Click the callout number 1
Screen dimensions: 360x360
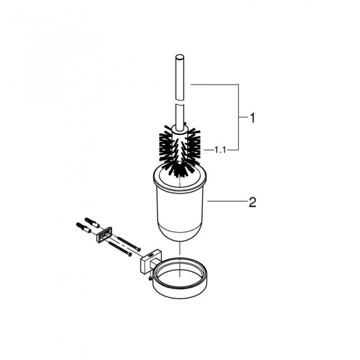click(x=252, y=118)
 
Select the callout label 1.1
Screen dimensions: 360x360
click(x=220, y=150)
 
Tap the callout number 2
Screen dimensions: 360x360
click(x=252, y=202)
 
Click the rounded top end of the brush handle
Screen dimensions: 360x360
click(x=179, y=57)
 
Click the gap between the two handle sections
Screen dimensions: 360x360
click(x=179, y=102)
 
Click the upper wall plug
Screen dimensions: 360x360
click(x=92, y=222)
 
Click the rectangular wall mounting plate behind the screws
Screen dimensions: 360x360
click(x=104, y=234)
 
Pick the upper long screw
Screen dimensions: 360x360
click(x=129, y=243)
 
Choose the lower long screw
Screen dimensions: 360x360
click(x=120, y=249)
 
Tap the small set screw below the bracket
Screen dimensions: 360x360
click(x=150, y=278)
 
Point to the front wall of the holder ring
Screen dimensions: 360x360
click(x=181, y=291)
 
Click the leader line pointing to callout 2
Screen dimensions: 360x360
click(x=227, y=201)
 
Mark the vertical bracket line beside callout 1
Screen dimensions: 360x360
click(x=238, y=117)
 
